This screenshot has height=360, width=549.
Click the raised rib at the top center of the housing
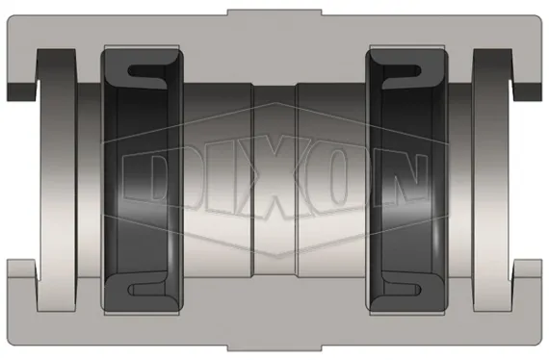pos(274,13)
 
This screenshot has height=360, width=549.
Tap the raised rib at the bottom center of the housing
pos(274,346)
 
